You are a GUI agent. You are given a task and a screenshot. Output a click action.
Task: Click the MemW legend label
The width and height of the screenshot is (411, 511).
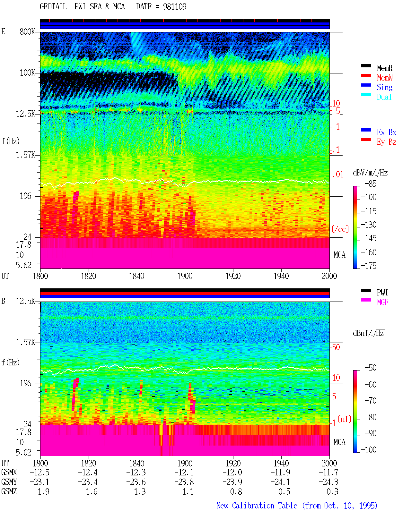384,78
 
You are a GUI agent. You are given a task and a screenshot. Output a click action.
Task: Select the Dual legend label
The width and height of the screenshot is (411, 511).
384,97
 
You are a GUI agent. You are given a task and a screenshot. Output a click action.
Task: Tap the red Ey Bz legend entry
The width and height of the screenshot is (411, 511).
386,142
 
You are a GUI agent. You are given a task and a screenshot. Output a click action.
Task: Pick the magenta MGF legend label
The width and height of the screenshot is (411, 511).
382,302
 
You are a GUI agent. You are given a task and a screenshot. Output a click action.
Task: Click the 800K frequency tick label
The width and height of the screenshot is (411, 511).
27,31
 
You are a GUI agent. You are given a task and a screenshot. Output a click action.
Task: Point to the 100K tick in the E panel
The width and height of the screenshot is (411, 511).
27,73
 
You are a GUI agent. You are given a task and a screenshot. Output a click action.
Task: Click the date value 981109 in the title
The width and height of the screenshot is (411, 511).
175,6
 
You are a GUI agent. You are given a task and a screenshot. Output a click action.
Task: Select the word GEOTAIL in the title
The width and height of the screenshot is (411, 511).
53,6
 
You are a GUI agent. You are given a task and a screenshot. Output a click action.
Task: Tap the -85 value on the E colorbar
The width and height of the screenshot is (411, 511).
371,183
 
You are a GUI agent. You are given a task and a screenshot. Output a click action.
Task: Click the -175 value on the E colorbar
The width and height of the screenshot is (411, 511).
369,266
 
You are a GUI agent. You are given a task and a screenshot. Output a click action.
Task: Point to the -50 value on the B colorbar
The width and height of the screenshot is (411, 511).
371,368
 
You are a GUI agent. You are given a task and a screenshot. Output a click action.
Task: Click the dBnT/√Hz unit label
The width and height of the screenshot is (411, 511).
368,333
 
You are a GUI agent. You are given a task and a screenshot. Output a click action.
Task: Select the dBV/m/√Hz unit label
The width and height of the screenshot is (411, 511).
370,173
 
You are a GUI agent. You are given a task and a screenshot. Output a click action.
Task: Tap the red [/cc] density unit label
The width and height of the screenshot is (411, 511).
340,229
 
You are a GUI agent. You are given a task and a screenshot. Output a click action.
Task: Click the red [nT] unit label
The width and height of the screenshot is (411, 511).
345,419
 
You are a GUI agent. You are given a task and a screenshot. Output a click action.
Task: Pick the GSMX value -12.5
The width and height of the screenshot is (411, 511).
39,472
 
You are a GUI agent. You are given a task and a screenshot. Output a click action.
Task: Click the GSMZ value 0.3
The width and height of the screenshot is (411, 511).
332,491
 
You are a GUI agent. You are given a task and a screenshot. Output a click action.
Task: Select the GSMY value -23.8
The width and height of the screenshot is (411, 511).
184,482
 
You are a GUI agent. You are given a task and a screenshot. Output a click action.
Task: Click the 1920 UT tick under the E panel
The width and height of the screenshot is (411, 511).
233,276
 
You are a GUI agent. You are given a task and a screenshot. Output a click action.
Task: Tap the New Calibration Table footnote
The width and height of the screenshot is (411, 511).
297,506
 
